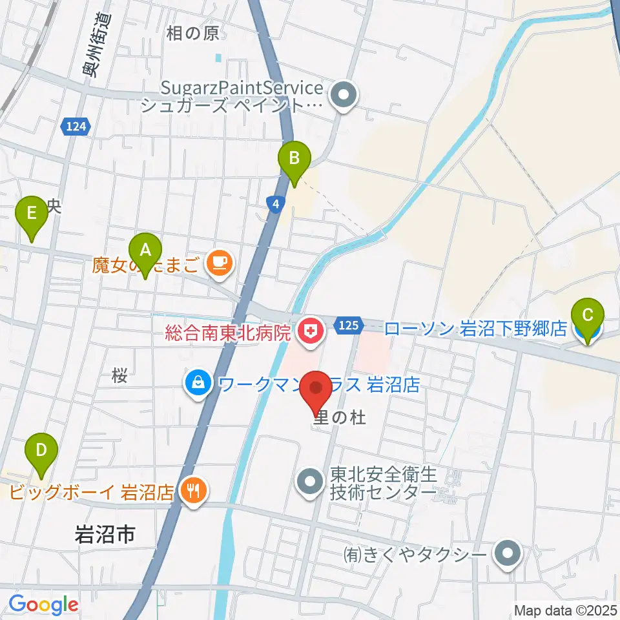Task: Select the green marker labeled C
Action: point(588,316)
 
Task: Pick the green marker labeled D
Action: point(41,450)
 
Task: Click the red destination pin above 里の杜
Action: point(316,389)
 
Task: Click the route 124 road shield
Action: point(76,127)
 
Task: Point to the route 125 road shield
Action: point(347,327)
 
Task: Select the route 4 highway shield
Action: point(275,204)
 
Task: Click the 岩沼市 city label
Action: point(105,534)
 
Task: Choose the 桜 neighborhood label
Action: point(119,377)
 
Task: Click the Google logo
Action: point(43,605)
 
